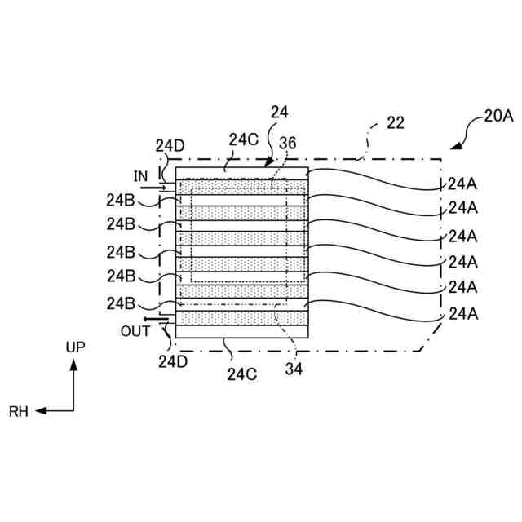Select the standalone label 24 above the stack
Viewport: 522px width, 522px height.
280,112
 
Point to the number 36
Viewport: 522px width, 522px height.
288,141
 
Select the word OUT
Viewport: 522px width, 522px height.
135,331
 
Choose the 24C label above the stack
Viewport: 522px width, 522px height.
243,139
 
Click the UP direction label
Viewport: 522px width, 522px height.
74,347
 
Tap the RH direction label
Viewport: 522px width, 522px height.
19,413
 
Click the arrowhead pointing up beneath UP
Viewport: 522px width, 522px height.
74,368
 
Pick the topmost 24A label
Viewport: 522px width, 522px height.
462,184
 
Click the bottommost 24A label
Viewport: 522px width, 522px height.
462,313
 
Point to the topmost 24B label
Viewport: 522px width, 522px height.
122,198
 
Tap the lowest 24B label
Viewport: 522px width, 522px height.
122,303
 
